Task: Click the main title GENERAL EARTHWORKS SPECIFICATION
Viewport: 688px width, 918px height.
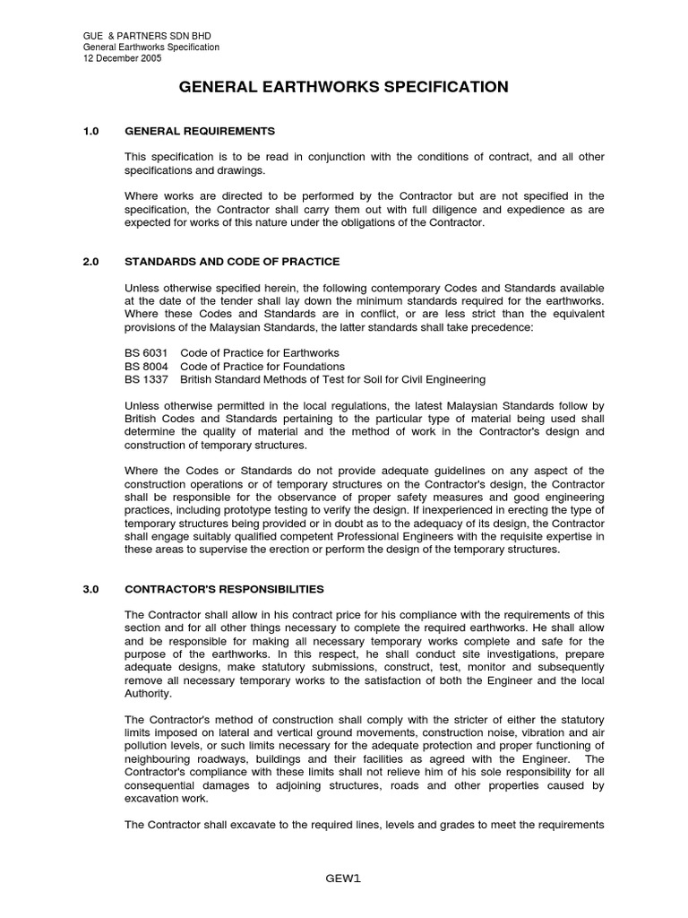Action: pos(344,87)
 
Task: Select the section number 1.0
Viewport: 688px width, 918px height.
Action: pos(90,131)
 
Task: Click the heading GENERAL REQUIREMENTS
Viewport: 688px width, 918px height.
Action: pos(200,131)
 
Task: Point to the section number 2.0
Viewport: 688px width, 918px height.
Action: pos(90,262)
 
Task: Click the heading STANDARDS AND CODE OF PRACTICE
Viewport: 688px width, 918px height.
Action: pos(232,262)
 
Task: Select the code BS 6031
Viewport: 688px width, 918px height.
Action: pos(145,353)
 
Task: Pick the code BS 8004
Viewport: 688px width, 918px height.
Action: pos(145,367)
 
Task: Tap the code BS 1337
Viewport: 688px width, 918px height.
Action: pos(145,379)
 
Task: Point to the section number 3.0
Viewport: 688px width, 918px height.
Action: pos(90,589)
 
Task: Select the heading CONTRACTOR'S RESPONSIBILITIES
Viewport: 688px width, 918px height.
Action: pos(224,589)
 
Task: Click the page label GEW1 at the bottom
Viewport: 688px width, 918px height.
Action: pos(344,878)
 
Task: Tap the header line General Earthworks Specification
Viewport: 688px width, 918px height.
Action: pos(151,47)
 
